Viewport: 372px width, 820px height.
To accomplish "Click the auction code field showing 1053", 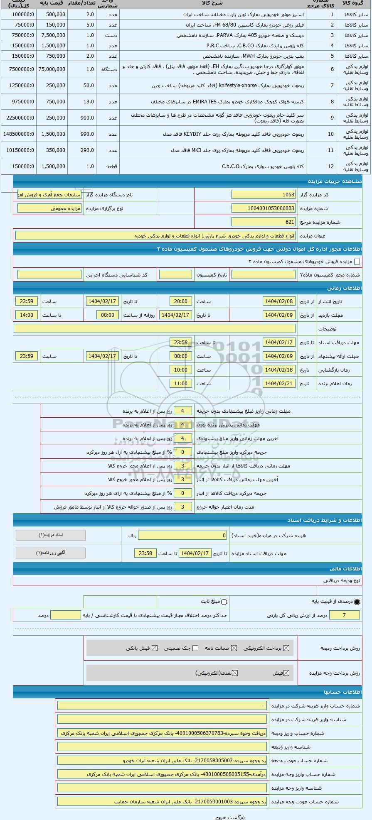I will point(264,195).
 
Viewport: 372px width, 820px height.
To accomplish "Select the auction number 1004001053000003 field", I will point(264,208).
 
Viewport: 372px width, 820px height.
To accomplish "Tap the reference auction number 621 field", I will point(264,222).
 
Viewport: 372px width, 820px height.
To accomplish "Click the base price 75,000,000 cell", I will point(52,69).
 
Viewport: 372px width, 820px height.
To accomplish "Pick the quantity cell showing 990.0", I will point(82,134).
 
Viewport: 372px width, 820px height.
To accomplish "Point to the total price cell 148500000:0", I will point(19,134).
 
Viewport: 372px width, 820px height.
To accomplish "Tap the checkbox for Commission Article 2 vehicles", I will point(357,262).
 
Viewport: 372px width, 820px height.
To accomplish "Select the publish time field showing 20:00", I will point(181,301).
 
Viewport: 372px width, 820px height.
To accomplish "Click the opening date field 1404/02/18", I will point(279,370).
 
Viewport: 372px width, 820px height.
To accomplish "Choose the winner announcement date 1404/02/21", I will point(279,384).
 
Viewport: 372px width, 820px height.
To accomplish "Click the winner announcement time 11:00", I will point(181,384).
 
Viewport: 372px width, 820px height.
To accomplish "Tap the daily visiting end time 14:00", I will point(27,315).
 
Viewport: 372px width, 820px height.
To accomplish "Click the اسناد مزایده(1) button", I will point(51,535).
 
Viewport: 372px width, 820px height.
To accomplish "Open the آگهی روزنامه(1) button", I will point(51,553).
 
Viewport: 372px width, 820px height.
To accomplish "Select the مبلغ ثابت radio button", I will point(224,602).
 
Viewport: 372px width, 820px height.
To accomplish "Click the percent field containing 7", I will point(344,615).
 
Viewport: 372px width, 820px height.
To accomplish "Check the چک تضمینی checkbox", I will point(195,648).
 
